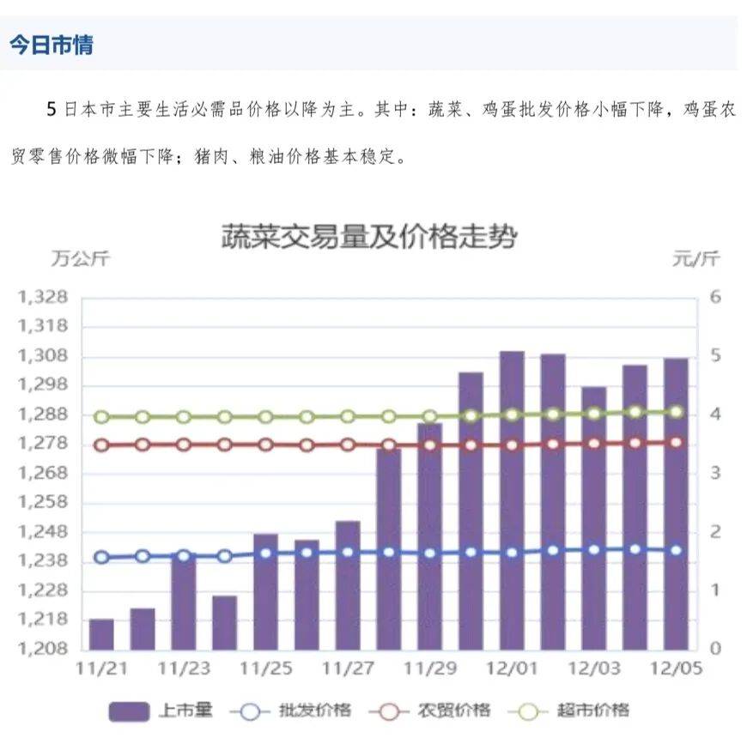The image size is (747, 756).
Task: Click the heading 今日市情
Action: [x=52, y=45]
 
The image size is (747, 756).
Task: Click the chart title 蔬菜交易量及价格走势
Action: [x=369, y=236]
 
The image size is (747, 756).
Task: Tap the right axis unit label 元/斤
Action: [x=696, y=258]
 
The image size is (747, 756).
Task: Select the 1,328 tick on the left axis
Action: [x=42, y=298]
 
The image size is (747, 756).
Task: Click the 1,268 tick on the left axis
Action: [x=42, y=474]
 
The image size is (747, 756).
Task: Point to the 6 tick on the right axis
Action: [x=715, y=298]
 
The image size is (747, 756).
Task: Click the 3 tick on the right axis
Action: [x=715, y=474]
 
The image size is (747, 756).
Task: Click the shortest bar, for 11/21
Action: [x=101, y=634]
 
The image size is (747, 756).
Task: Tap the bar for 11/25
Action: [x=265, y=591]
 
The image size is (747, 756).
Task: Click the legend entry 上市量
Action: [x=160, y=711]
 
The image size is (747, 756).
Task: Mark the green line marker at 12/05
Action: [x=677, y=412]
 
